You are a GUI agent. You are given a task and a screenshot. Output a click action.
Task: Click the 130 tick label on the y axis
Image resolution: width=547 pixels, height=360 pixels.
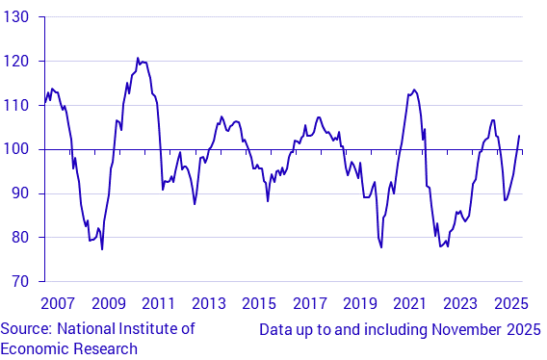(18, 17)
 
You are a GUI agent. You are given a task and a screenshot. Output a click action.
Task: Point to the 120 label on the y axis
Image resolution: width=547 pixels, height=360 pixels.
(18, 62)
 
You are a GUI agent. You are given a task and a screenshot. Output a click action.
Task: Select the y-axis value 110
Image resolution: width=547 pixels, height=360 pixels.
(18, 106)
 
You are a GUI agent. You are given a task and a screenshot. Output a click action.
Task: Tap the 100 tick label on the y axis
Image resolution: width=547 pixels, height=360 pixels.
(18, 149)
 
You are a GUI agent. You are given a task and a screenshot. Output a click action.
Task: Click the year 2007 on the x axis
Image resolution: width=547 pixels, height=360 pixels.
(58, 303)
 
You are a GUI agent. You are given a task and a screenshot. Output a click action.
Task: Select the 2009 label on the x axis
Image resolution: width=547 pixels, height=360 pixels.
(108, 303)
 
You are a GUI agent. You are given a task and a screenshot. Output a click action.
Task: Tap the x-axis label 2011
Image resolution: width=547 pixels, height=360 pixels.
(158, 303)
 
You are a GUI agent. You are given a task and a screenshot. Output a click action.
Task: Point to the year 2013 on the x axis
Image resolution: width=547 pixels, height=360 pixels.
(208, 303)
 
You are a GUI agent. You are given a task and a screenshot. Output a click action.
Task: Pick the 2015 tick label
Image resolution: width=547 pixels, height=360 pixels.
(258, 303)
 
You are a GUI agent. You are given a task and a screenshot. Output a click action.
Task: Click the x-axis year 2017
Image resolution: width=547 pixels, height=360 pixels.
(309, 303)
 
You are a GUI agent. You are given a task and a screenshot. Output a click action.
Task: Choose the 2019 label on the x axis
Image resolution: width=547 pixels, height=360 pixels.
(359, 303)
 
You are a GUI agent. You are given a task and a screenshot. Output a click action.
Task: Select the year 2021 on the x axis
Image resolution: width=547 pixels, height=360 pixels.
(409, 303)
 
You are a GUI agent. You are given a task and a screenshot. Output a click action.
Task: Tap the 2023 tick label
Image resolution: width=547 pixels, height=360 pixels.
(459, 303)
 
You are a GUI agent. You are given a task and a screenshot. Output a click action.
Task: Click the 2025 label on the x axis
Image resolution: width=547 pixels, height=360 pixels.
(509, 303)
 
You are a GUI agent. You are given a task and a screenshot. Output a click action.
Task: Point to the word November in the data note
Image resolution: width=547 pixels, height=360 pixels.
(459, 329)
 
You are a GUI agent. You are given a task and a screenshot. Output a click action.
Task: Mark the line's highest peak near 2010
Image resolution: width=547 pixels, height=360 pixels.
(138, 59)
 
